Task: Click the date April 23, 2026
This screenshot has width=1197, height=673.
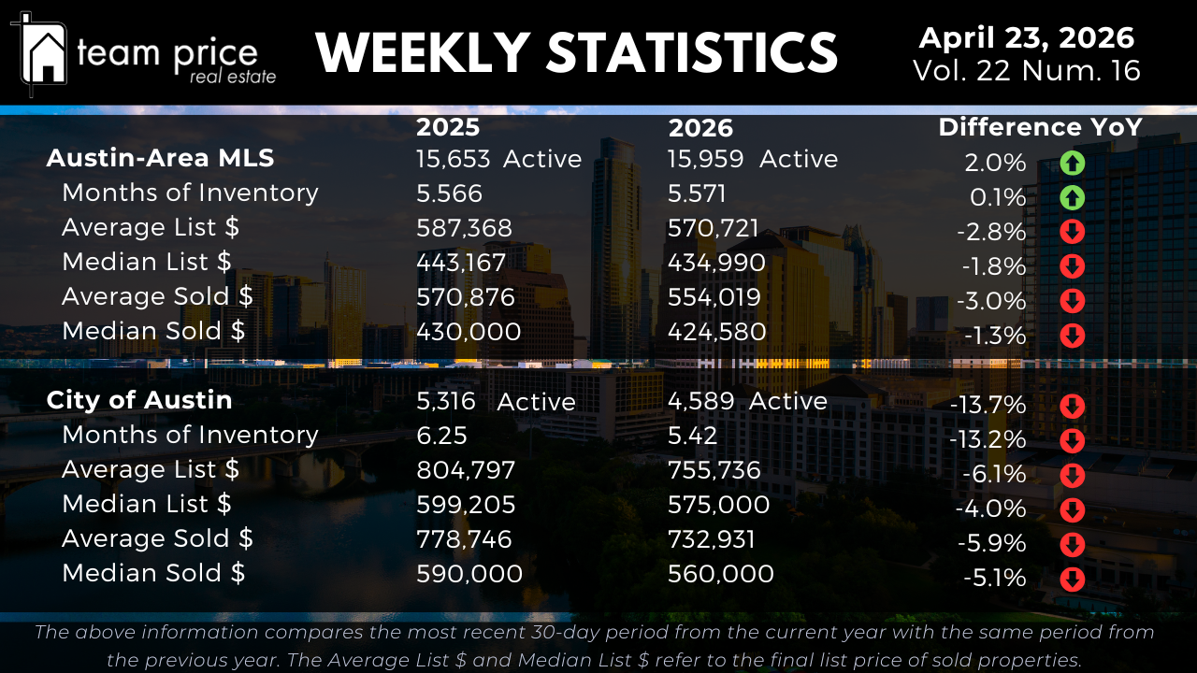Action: point(1026,37)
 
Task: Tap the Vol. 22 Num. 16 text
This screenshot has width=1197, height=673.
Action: point(1026,71)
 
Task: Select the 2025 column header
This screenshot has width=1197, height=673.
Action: point(448,127)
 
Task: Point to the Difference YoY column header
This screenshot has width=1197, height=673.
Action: point(1040,127)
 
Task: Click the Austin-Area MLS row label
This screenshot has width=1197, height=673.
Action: point(160,158)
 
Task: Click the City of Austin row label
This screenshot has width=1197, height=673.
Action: point(139,400)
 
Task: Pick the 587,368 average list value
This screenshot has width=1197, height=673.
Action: point(464,227)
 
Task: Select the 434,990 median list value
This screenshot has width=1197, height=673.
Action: point(716,263)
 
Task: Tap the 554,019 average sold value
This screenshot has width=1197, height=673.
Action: point(714,297)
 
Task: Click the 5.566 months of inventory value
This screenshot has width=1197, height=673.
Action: point(449,193)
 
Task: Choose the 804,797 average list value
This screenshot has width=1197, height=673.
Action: point(465,469)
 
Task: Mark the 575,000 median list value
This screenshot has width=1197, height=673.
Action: point(718,505)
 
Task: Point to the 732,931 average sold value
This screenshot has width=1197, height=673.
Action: point(711,539)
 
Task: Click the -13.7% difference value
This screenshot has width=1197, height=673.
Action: point(988,406)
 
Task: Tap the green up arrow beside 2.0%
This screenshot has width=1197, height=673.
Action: point(1072,164)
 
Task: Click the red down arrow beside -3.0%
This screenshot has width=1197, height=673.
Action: point(1072,301)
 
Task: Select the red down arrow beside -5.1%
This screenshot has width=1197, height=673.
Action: point(1072,579)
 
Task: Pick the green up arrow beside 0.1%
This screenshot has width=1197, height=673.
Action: point(1072,197)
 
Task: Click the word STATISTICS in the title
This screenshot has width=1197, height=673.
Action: point(692,52)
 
